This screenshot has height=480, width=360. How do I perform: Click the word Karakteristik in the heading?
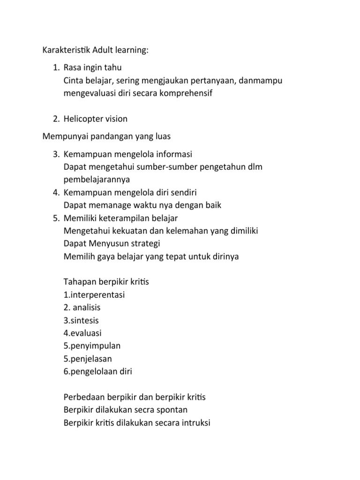pyautogui.click(x=67, y=50)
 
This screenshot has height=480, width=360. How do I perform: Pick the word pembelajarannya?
pyautogui.click(x=97, y=180)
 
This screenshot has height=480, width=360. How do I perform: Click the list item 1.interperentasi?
pyautogui.click(x=94, y=295)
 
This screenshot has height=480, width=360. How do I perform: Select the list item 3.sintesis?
pyautogui.click(x=81, y=321)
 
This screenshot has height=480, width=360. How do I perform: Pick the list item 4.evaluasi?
pyautogui.click(x=82, y=333)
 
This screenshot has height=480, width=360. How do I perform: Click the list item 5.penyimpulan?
pyautogui.click(x=92, y=346)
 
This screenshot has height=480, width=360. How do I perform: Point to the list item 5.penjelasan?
pyautogui.click(x=88, y=359)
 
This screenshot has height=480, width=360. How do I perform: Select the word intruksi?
pyautogui.click(x=195, y=422)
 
